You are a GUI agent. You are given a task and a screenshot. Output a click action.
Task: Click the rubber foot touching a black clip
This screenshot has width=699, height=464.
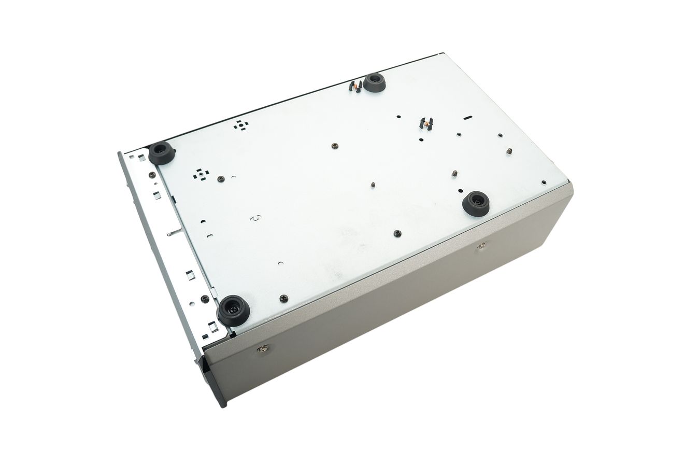374,83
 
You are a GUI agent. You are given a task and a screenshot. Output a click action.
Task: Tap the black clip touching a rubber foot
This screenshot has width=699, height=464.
355,86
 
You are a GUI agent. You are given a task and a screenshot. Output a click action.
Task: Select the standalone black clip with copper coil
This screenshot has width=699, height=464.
426,123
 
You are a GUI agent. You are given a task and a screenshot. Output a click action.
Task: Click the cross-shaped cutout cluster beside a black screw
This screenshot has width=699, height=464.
201,174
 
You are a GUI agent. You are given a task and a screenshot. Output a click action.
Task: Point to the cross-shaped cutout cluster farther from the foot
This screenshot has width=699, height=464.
240,124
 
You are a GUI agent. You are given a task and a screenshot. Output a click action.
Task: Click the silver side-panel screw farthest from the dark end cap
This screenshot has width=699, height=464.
481,245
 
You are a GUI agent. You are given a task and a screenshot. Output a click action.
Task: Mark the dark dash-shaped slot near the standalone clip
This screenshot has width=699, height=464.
467,118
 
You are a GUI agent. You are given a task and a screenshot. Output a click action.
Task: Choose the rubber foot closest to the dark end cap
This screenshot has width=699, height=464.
233,310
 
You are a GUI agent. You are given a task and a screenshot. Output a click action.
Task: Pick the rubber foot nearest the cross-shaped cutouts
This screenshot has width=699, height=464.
162,153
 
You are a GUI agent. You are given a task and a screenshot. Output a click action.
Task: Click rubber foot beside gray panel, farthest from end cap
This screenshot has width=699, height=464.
476,203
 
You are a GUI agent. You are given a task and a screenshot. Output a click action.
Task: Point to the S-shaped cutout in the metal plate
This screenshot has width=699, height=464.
255,218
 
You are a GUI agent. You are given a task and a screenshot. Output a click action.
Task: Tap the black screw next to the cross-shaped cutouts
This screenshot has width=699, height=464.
221,179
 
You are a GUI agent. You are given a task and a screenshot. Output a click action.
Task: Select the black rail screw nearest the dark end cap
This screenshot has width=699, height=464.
205,299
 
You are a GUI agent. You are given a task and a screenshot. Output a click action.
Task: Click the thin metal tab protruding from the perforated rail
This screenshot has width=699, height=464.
174,233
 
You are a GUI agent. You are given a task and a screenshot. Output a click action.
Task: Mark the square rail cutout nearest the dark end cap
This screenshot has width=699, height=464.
212,327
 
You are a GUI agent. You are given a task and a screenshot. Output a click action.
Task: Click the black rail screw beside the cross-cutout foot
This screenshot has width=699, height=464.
152,175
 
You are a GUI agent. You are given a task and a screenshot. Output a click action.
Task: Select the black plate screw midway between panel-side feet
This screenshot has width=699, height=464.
397,234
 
